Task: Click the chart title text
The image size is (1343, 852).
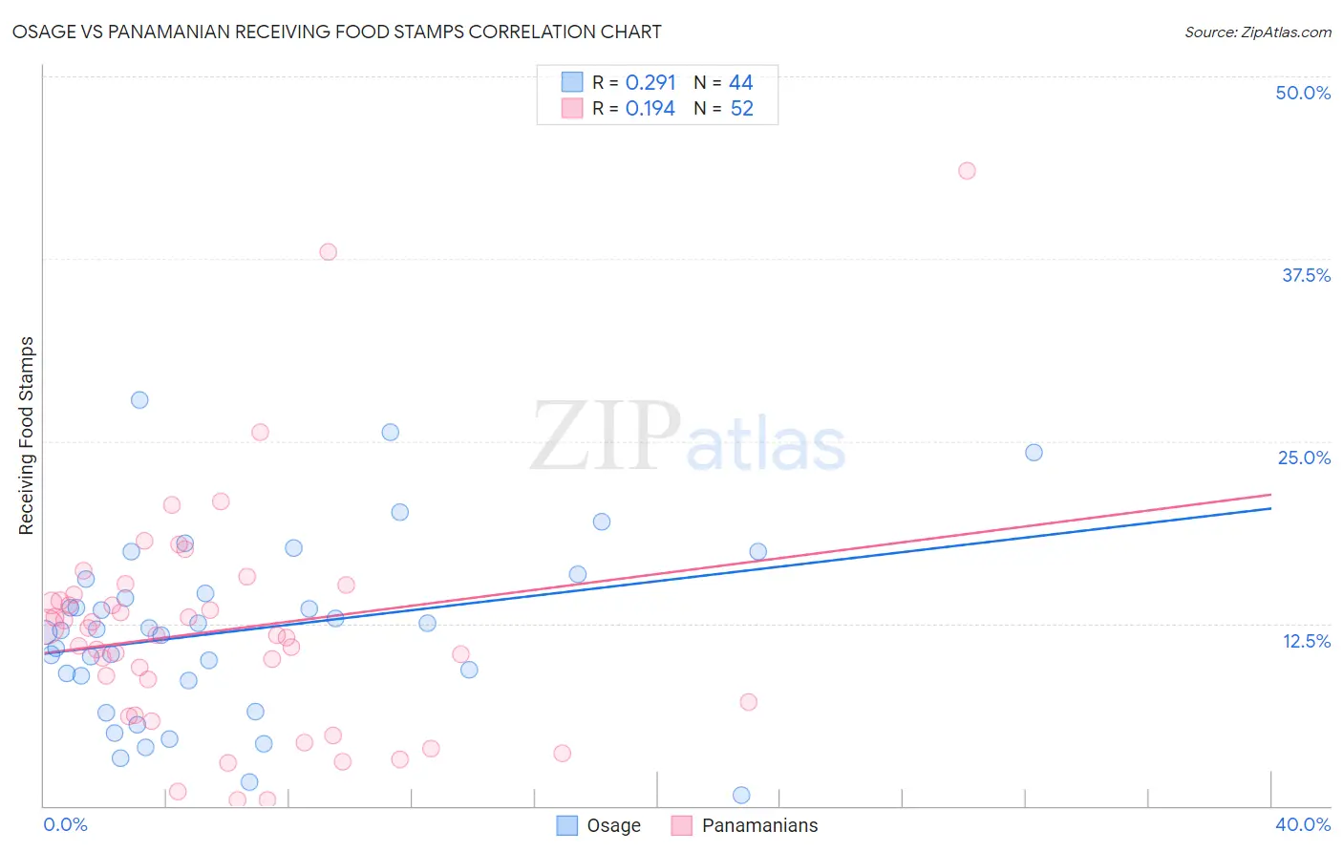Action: pos(336,32)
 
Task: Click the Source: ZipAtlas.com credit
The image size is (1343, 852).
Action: pos(1257,32)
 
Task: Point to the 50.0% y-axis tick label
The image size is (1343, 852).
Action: pos(1303,93)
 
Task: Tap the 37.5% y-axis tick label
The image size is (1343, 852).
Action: pos(1306,275)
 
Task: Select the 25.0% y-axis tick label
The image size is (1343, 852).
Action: pos(1304,458)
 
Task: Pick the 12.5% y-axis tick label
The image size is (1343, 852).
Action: pos(1306,641)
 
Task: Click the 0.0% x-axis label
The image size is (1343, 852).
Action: pos(66,824)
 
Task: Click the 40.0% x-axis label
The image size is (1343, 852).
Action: pos(1302,824)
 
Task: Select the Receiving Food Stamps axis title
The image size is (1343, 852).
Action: pos(27,436)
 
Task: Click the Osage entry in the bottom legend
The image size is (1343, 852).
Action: pos(613,825)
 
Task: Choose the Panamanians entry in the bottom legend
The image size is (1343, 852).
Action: pos(759,825)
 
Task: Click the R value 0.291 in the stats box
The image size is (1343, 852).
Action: pos(650,83)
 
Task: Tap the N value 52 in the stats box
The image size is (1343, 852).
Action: pos(742,109)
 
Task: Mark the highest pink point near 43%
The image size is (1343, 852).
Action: pos(967,171)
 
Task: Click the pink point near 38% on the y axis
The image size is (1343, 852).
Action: pos(329,252)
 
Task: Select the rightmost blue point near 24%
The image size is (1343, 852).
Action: pos(1034,453)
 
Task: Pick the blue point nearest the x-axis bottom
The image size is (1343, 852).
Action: pos(741,795)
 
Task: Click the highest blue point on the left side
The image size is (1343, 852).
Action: pos(139,400)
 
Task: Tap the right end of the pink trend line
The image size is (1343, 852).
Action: pos(1270,495)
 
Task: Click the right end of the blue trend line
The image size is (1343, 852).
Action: pos(1270,508)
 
